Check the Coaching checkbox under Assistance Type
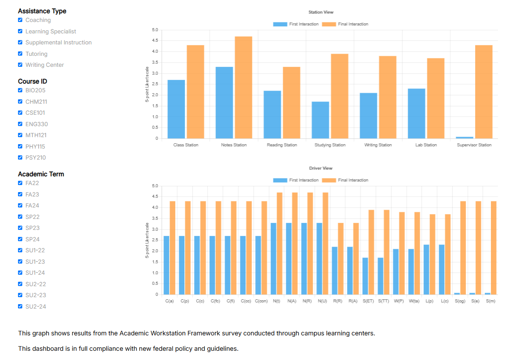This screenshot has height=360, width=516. [20, 20]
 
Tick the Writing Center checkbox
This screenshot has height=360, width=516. [20, 65]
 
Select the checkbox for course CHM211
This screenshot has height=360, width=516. [20, 102]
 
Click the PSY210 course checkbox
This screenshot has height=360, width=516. [20, 157]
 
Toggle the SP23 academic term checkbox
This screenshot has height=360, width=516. [20, 228]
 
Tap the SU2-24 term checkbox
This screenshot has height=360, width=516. [20, 306]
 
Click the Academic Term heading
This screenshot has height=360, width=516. [41, 174]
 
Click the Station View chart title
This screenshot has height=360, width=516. [321, 12]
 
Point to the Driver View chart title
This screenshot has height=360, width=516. [321, 168]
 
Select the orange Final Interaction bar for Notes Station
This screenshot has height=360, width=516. [244, 87]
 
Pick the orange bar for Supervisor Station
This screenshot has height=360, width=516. [484, 92]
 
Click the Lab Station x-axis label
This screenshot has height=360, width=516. [426, 145]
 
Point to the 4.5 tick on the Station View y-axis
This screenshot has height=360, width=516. [155, 41]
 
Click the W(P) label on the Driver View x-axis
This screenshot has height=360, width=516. [399, 301]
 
